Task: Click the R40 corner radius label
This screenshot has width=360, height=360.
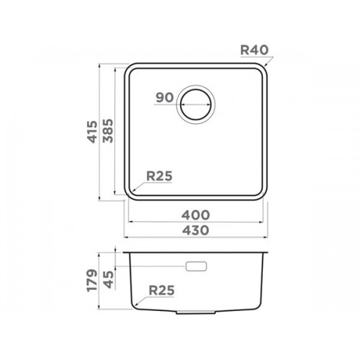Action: (x=254, y=50)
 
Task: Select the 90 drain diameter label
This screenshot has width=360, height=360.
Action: (x=164, y=97)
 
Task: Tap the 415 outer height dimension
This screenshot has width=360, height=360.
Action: (x=93, y=132)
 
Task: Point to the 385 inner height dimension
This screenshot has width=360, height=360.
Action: (x=108, y=131)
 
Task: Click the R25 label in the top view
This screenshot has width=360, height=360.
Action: (x=159, y=176)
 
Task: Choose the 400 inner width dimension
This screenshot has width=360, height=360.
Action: (x=196, y=215)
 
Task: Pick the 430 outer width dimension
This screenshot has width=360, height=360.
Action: (x=196, y=230)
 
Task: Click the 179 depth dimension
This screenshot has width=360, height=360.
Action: (x=92, y=280)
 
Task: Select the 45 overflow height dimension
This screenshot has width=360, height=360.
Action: (x=109, y=279)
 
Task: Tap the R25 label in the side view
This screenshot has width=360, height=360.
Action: (x=161, y=291)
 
